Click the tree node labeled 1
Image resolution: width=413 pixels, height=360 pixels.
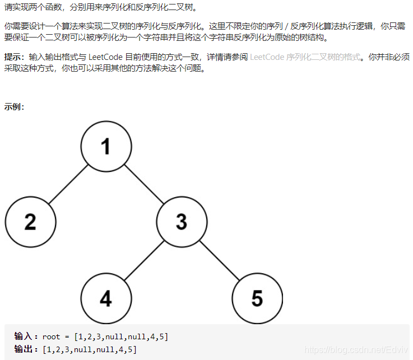coord(106,147)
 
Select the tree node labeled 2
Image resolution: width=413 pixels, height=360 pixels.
coord(30,222)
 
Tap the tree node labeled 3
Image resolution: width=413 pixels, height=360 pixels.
coord(181,222)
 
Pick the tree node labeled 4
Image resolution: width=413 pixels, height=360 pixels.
coord(106,298)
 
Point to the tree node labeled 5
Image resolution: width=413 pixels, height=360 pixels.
coord(257,298)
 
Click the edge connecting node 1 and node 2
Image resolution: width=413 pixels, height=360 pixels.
coord(68,184)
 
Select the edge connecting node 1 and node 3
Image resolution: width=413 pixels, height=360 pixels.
coord(143,184)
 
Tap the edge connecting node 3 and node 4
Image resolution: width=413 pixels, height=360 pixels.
coord(143,260)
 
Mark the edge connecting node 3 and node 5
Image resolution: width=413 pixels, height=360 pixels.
coord(219,260)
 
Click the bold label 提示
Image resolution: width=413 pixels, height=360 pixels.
coord(15,57)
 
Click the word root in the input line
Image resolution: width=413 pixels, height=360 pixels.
coord(51,336)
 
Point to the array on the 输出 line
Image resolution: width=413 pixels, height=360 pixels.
coord(90,349)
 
